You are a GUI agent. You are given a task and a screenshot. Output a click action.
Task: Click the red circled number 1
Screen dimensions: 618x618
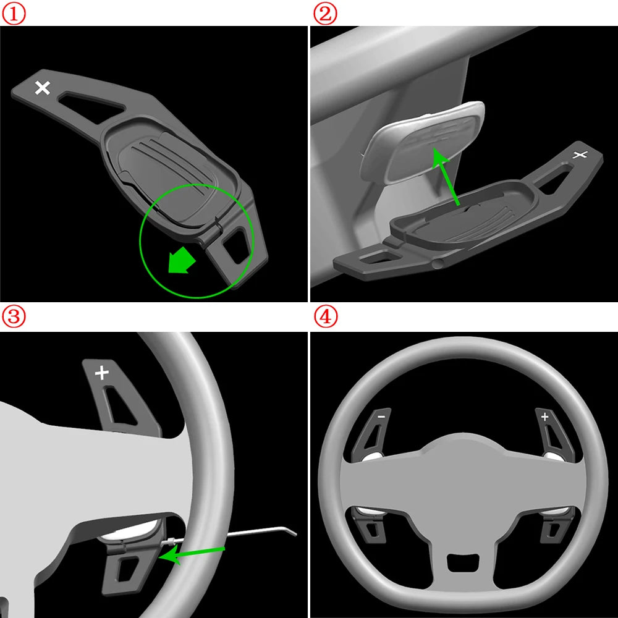pyautogui.click(x=13, y=14)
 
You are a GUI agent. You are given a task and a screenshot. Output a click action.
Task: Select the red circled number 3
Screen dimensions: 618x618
pyautogui.click(x=13, y=317)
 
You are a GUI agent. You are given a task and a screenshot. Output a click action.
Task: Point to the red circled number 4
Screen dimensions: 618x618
pyautogui.click(x=325, y=317)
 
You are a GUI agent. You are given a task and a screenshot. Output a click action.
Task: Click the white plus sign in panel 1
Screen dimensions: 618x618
pyautogui.click(x=43, y=88)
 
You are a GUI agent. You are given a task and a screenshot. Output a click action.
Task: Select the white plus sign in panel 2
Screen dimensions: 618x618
pyautogui.click(x=580, y=154)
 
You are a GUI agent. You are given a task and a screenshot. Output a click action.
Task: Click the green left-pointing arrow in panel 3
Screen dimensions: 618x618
pyautogui.click(x=192, y=553)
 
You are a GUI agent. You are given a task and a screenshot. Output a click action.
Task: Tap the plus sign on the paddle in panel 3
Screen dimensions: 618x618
pyautogui.click(x=101, y=373)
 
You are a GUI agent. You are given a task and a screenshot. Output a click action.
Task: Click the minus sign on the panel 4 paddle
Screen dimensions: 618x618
pyautogui.click(x=380, y=417)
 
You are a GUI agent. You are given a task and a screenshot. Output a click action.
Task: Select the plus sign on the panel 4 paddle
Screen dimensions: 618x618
pyautogui.click(x=544, y=417)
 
